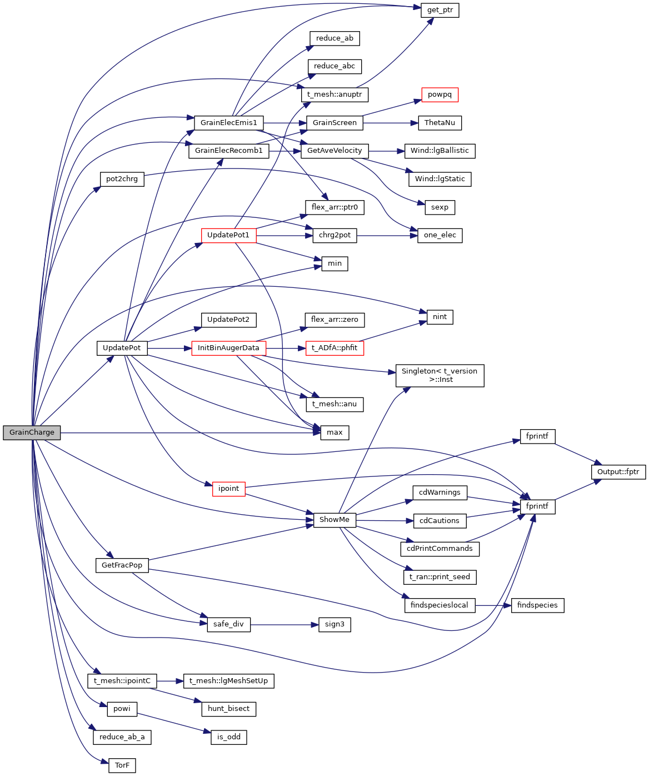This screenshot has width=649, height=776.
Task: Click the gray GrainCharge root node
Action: click(32, 432)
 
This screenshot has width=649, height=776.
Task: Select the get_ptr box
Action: click(440, 10)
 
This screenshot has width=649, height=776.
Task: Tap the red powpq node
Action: click(440, 94)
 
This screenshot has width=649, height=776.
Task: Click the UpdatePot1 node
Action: click(228, 235)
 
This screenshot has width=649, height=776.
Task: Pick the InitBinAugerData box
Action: click(228, 348)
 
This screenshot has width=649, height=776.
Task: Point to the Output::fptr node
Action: click(618, 472)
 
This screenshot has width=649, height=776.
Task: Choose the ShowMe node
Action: click(335, 520)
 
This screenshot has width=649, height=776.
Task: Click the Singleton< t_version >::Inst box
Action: click(440, 375)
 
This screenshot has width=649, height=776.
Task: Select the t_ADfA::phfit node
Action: click(335, 348)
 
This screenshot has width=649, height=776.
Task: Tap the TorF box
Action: click(122, 765)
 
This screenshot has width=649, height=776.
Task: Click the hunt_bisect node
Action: click(228, 709)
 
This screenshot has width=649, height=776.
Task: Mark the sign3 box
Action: click(335, 624)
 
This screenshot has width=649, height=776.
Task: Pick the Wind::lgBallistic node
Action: click(440, 151)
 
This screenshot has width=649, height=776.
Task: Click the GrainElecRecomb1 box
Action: click(228, 151)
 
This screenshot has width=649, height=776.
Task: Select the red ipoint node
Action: click(228, 489)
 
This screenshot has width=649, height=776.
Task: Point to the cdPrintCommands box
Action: click(440, 549)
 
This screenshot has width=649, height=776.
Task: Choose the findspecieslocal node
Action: click(439, 605)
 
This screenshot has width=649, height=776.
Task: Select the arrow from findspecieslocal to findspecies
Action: click(493, 605)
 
